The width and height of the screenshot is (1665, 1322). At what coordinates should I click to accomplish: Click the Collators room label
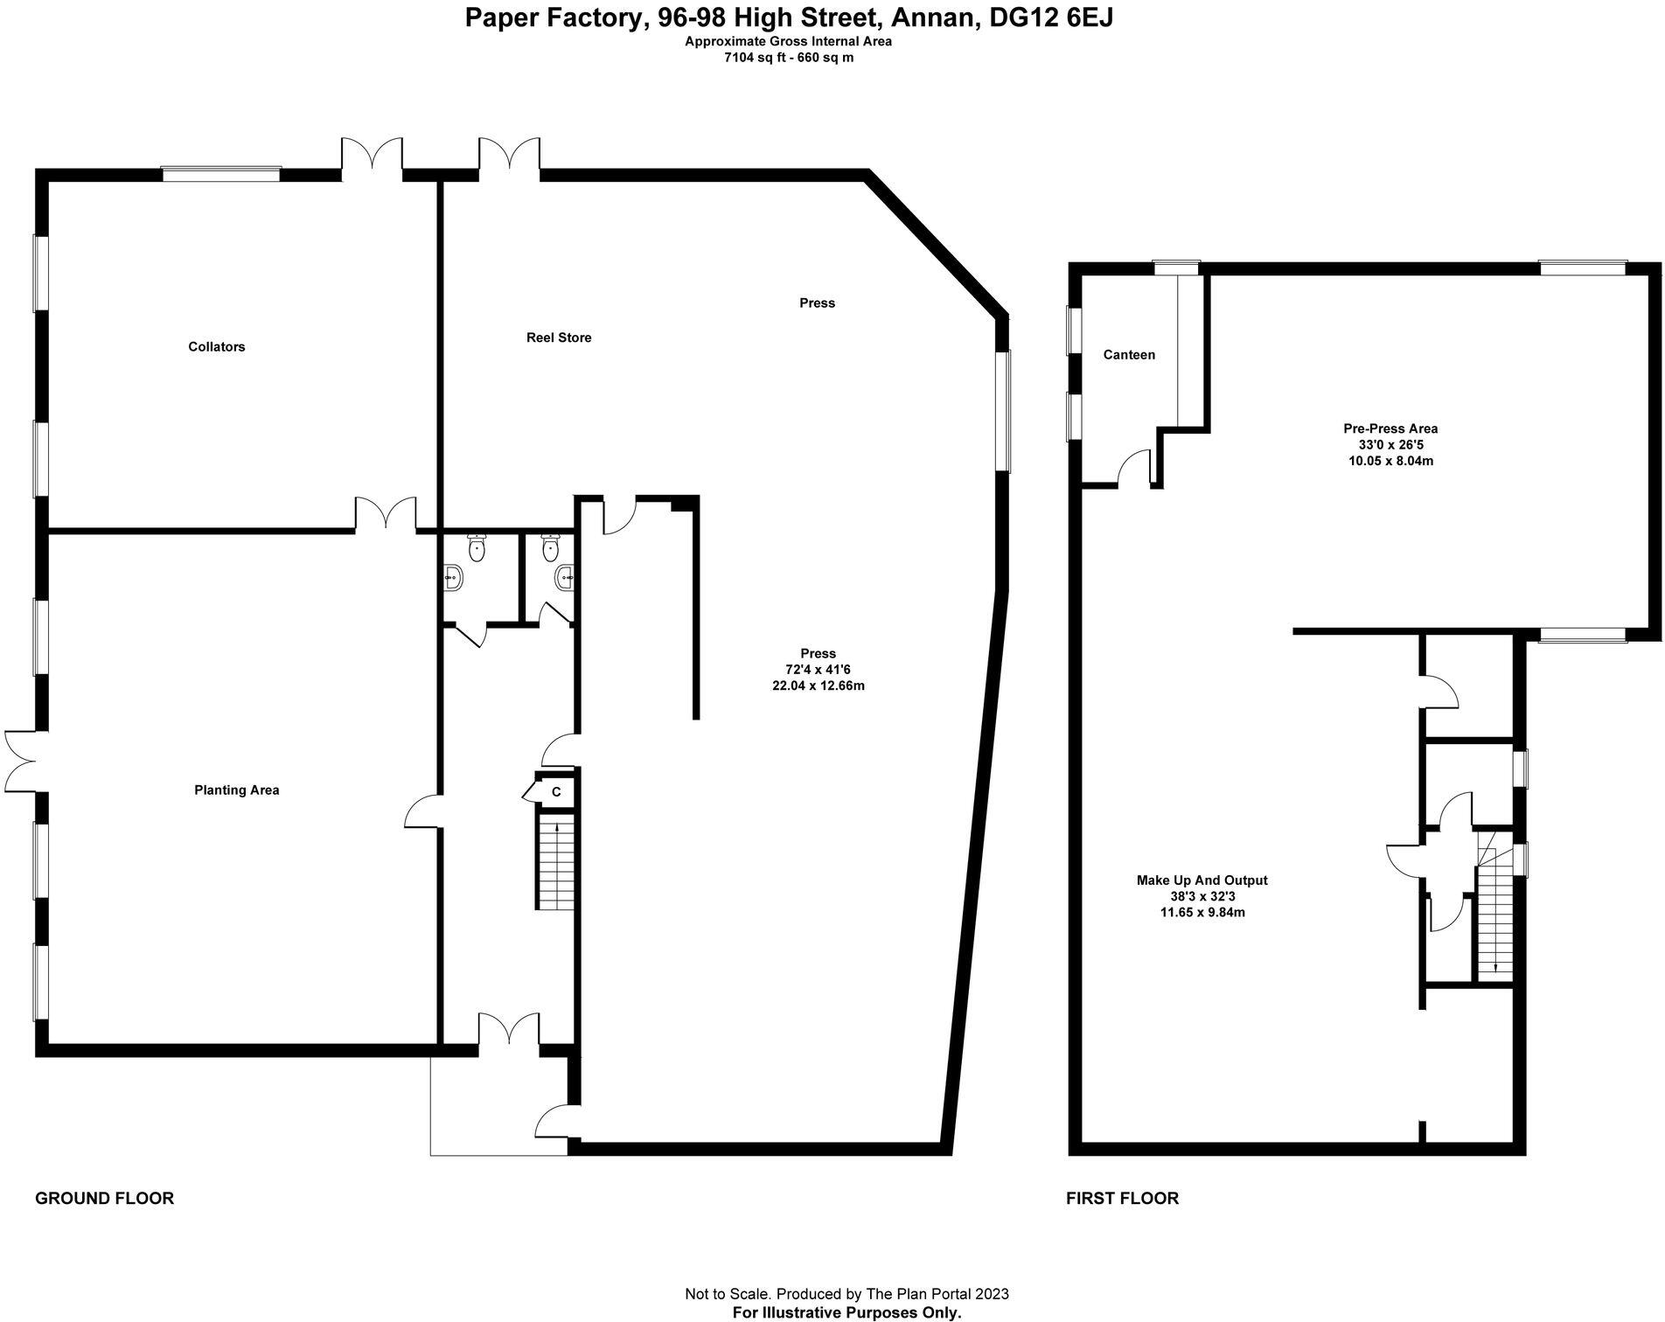point(216,347)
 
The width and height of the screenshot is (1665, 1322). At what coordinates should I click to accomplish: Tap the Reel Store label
point(559,337)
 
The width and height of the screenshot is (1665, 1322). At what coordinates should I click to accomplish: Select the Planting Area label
point(237,790)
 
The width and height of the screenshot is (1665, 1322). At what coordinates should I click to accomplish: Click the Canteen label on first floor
point(1129,355)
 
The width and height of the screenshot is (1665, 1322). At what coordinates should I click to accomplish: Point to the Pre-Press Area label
point(1390,428)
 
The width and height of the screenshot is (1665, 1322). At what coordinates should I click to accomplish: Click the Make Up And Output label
point(1202,880)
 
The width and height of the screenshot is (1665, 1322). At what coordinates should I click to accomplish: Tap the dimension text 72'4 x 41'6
point(818,670)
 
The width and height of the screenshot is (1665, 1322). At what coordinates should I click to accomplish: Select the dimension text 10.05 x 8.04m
point(1390,461)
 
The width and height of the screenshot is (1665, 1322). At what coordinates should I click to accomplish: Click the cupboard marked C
point(555,792)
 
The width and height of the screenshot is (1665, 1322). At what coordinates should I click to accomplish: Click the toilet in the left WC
point(477,548)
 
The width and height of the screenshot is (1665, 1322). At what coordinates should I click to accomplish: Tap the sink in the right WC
point(564,576)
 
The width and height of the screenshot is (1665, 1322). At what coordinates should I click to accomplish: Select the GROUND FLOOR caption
point(104,1199)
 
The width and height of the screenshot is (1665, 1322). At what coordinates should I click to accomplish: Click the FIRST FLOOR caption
point(1122,1199)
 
